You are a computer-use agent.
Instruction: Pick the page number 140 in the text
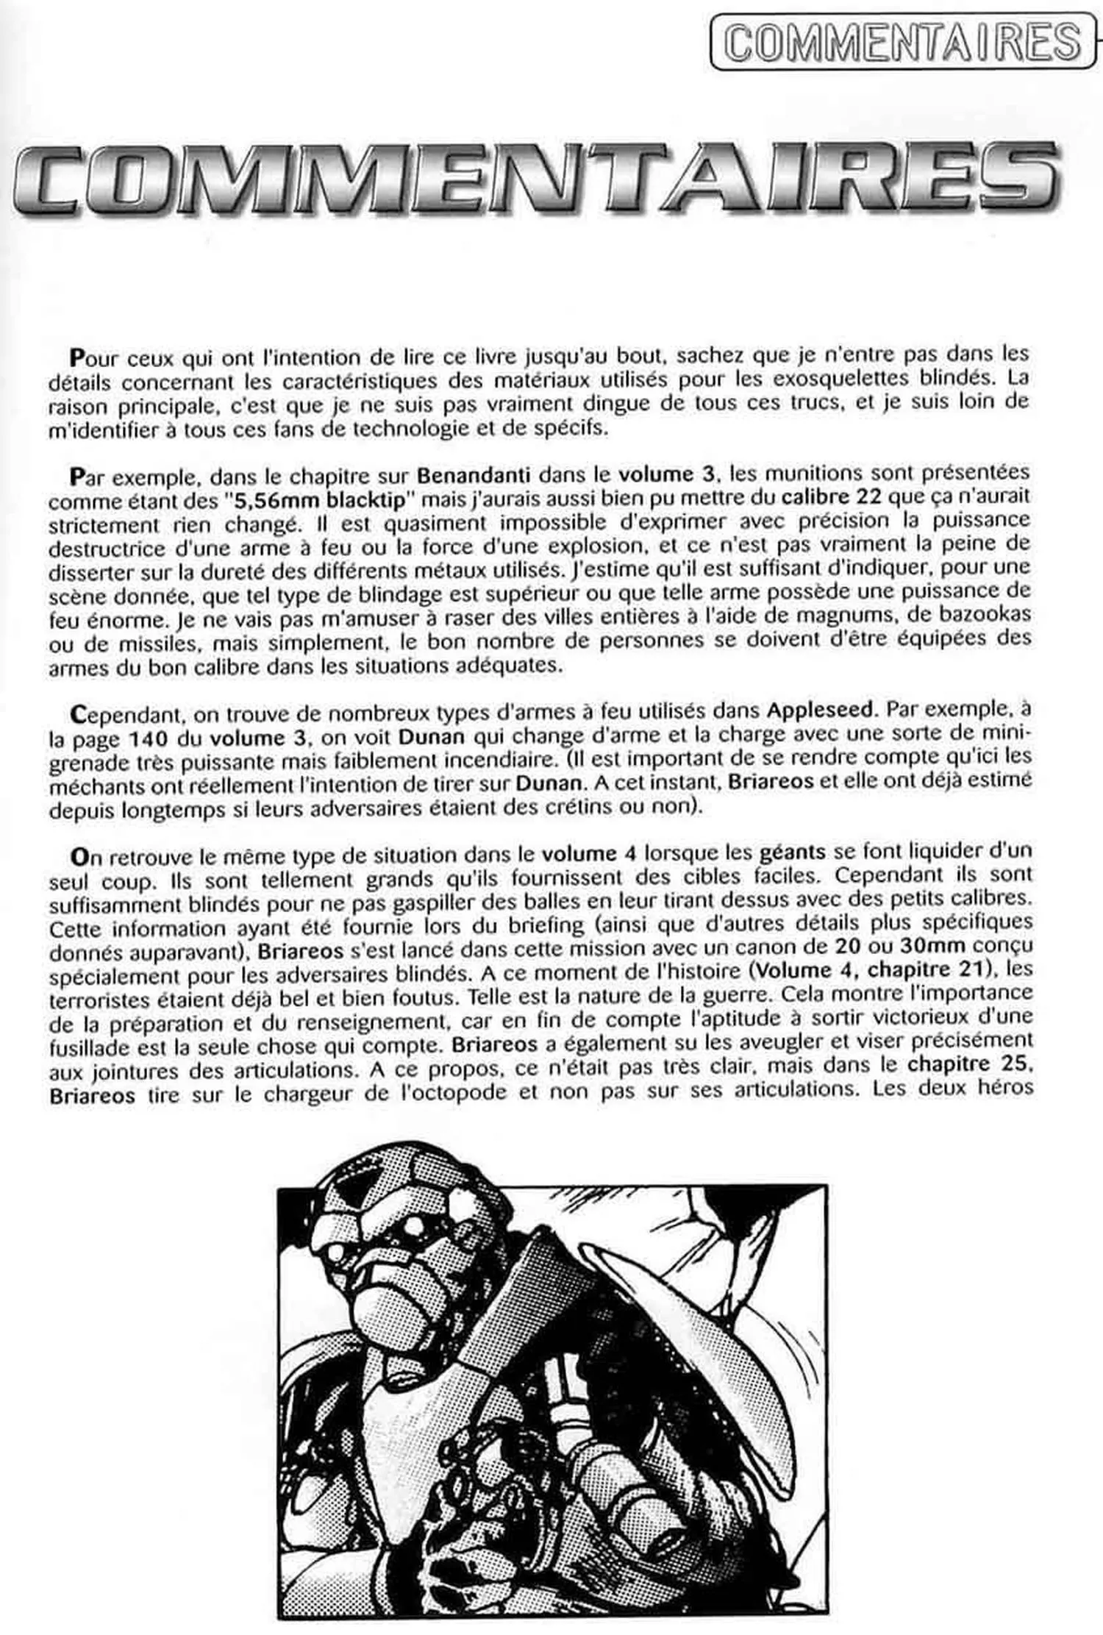coord(151,736)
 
